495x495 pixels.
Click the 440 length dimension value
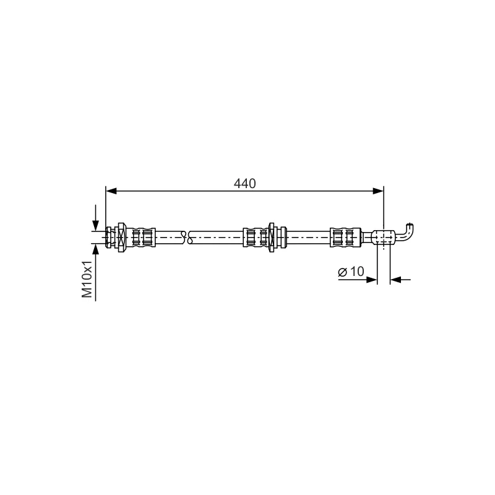point(244,183)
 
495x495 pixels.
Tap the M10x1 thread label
point(87,279)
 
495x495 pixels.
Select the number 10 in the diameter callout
point(357,272)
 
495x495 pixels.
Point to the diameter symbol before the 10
point(343,272)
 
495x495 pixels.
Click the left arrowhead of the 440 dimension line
point(111,191)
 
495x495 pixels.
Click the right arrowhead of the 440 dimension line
point(378,191)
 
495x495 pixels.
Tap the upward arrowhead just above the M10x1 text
point(96,249)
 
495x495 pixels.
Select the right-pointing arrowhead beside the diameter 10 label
point(372,280)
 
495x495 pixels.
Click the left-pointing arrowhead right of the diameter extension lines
point(396,280)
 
